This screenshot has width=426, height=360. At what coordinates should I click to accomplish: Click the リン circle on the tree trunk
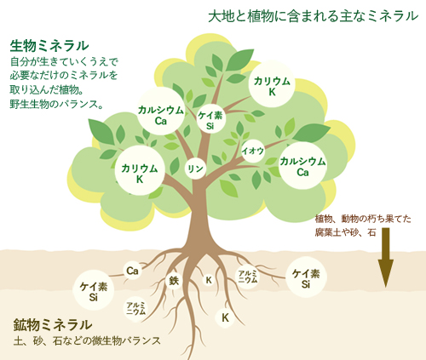tap(195, 169)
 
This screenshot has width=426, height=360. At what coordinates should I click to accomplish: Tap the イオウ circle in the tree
tap(253, 151)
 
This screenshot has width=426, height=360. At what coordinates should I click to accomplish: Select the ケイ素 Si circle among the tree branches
tap(210, 120)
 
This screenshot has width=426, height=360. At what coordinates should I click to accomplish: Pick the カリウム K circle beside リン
tap(140, 171)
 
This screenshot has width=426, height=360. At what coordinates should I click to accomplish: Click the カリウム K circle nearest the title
tap(272, 84)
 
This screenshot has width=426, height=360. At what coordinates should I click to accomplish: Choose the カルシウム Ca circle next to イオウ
tap(302, 165)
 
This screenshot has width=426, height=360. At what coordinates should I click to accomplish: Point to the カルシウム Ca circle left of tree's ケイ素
tap(161, 111)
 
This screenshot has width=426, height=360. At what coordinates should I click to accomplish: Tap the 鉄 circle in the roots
tap(174, 281)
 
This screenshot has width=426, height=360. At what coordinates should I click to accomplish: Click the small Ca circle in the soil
tap(132, 271)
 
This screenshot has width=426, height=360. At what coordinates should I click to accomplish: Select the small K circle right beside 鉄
tap(209, 280)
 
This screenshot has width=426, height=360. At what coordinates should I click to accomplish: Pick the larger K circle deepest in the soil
tap(225, 317)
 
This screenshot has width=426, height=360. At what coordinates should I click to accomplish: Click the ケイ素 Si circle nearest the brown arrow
tap(306, 277)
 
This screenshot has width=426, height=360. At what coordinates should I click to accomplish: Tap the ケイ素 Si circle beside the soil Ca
tap(93, 290)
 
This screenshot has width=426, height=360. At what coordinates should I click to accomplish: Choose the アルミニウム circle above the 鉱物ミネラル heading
tap(135, 308)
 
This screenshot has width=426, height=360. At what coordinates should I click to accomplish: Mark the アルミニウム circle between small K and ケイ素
tap(248, 277)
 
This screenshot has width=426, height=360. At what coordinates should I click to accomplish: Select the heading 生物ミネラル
tap(49, 46)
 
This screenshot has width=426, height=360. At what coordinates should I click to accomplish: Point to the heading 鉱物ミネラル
tap(53, 325)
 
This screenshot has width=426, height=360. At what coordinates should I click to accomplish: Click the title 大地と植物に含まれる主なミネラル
tap(314, 16)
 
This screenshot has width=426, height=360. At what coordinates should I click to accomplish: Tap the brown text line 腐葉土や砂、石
tap(345, 233)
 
